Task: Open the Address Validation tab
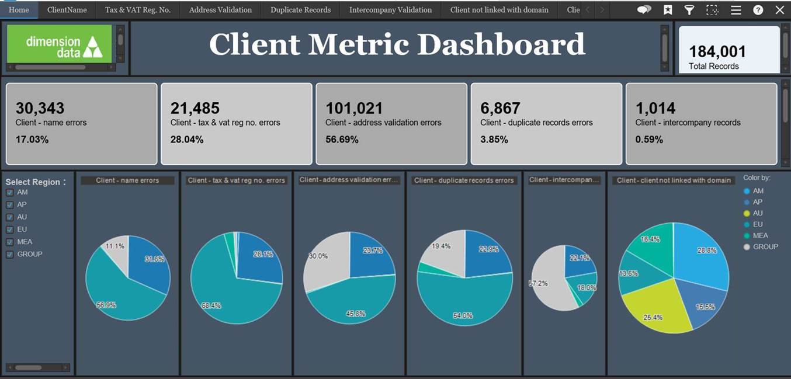220,10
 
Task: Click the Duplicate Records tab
300,10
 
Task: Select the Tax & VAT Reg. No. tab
138,10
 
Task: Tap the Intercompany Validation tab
390,10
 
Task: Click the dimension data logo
60,44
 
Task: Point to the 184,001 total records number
717,51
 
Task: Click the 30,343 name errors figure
40,108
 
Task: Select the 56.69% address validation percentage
342,140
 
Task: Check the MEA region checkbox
10,242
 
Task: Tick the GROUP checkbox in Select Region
10,254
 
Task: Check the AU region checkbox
10,217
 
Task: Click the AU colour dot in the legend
747,213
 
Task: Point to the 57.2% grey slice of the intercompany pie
546,286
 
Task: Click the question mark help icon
758,10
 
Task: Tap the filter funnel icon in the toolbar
689,10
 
